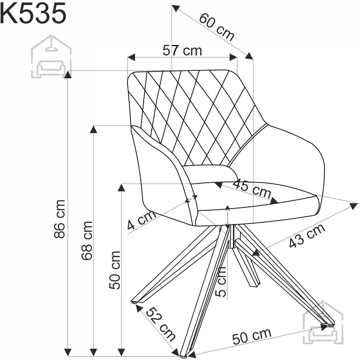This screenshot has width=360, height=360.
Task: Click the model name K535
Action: pyautogui.click(x=33, y=13)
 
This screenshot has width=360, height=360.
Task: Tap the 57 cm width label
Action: pyautogui.click(x=182, y=50)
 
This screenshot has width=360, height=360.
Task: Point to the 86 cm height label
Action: pyautogui.click(x=59, y=219)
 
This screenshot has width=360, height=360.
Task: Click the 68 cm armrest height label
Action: pyautogui.click(x=87, y=241)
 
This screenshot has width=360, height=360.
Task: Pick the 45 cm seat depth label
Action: pyautogui.click(x=252, y=189)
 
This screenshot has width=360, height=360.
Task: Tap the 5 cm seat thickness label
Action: pyautogui.click(x=221, y=282)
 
